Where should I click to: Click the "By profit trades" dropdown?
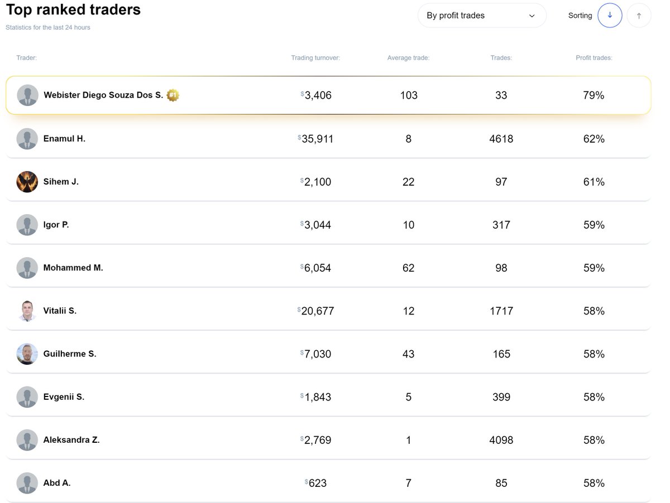tap(481, 16)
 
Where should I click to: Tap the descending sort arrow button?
tap(610, 16)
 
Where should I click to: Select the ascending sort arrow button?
tap(639, 16)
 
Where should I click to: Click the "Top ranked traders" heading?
tap(73, 9)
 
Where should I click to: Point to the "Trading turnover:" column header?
tap(315, 58)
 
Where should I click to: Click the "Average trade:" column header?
tap(408, 58)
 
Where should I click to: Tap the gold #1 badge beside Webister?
tap(173, 95)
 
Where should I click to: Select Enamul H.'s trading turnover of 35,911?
tap(317, 139)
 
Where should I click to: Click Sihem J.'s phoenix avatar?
tap(27, 182)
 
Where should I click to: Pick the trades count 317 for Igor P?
tap(501, 225)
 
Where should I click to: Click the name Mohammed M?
tap(73, 268)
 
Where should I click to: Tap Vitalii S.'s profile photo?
tap(27, 311)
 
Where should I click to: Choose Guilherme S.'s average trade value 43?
tap(408, 354)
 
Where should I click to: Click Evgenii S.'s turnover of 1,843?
tap(317, 397)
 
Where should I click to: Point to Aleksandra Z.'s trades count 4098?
tap(501, 440)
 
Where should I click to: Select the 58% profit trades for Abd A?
tap(594, 483)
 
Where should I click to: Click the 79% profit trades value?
tap(594, 95)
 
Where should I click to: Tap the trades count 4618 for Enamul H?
tap(501, 139)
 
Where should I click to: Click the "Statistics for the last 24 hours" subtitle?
tap(48, 27)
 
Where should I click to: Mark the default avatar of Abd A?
tap(27, 483)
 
